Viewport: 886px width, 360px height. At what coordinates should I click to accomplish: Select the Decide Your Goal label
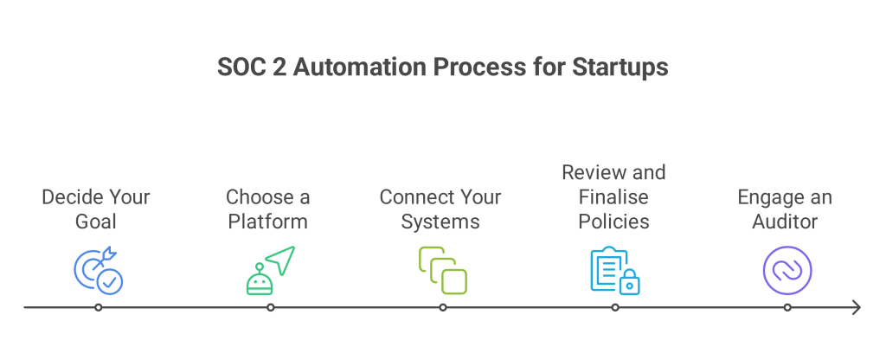click(x=96, y=209)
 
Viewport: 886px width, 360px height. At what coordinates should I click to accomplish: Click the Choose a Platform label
click(x=268, y=209)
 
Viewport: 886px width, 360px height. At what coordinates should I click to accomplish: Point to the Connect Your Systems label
click(x=440, y=209)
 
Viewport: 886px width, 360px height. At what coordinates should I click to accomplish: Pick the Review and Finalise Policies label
click(x=613, y=196)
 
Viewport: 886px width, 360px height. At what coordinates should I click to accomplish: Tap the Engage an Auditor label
click(x=785, y=209)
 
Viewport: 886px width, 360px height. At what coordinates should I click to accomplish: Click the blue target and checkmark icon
click(x=99, y=271)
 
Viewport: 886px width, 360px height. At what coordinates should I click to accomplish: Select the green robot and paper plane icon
click(x=271, y=271)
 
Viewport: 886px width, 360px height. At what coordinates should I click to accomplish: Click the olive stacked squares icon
click(x=442, y=271)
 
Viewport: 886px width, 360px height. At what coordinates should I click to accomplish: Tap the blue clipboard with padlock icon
click(x=615, y=271)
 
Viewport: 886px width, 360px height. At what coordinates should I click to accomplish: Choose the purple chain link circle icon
click(x=787, y=271)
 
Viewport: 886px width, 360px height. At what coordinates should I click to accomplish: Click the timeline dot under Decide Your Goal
click(x=99, y=307)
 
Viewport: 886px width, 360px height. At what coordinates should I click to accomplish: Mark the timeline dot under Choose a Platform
click(x=271, y=307)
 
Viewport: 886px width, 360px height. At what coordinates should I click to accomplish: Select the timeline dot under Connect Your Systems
click(x=443, y=307)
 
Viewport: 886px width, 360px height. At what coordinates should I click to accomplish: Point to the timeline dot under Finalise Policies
click(x=615, y=307)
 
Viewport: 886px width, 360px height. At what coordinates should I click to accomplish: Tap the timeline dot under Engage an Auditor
click(x=787, y=307)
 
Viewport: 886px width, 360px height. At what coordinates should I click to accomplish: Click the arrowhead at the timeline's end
click(x=859, y=307)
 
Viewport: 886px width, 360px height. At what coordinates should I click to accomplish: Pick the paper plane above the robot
click(x=281, y=260)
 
